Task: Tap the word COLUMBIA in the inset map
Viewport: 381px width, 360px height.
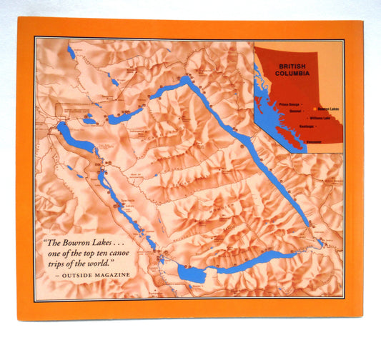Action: point(295,73)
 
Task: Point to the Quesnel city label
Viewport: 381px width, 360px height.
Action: point(294,110)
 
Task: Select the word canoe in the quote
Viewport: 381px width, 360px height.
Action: point(130,252)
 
